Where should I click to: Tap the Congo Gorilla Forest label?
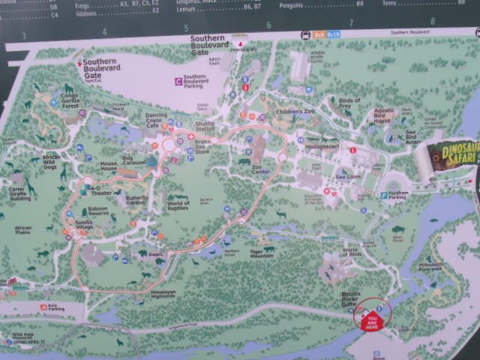70,102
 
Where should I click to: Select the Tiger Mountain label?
262,253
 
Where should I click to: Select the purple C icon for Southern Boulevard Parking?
178,80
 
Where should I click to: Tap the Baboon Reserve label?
97,214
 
